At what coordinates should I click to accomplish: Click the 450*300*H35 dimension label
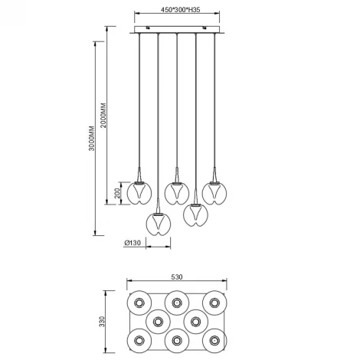tap(180, 10)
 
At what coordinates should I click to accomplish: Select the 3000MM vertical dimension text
tap(92, 138)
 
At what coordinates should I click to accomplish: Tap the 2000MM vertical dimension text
tap(103, 116)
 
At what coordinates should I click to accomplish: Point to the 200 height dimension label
tap(117, 193)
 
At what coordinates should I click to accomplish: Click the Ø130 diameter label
tap(133, 243)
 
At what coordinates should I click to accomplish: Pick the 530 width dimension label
tap(177, 277)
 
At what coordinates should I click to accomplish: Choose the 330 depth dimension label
tap(102, 322)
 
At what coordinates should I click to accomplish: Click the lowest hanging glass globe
tap(159, 224)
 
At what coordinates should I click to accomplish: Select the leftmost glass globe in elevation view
tap(139, 193)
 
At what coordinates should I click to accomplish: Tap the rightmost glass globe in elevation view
tap(214, 193)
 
